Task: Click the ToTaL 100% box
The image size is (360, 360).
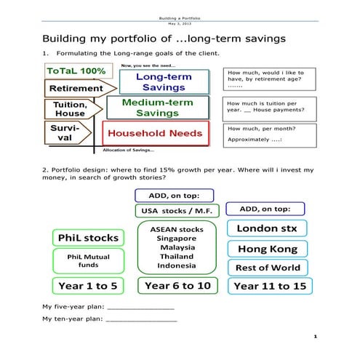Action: pos(76,72)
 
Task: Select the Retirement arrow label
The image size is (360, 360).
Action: pos(76,89)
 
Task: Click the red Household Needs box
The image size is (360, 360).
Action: pos(156,134)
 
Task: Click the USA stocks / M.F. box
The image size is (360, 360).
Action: pos(174,211)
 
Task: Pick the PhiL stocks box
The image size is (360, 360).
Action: pos(87,238)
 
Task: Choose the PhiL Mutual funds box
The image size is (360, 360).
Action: pos(87,260)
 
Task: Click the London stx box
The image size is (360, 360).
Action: pos(268,228)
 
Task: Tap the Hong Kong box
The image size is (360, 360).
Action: pos(268,249)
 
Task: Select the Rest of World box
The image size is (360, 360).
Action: pos(268,268)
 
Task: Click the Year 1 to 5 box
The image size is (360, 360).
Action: pos(87,285)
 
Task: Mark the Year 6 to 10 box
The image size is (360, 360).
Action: pos(177,286)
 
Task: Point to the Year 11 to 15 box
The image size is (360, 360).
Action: pos(268,286)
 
